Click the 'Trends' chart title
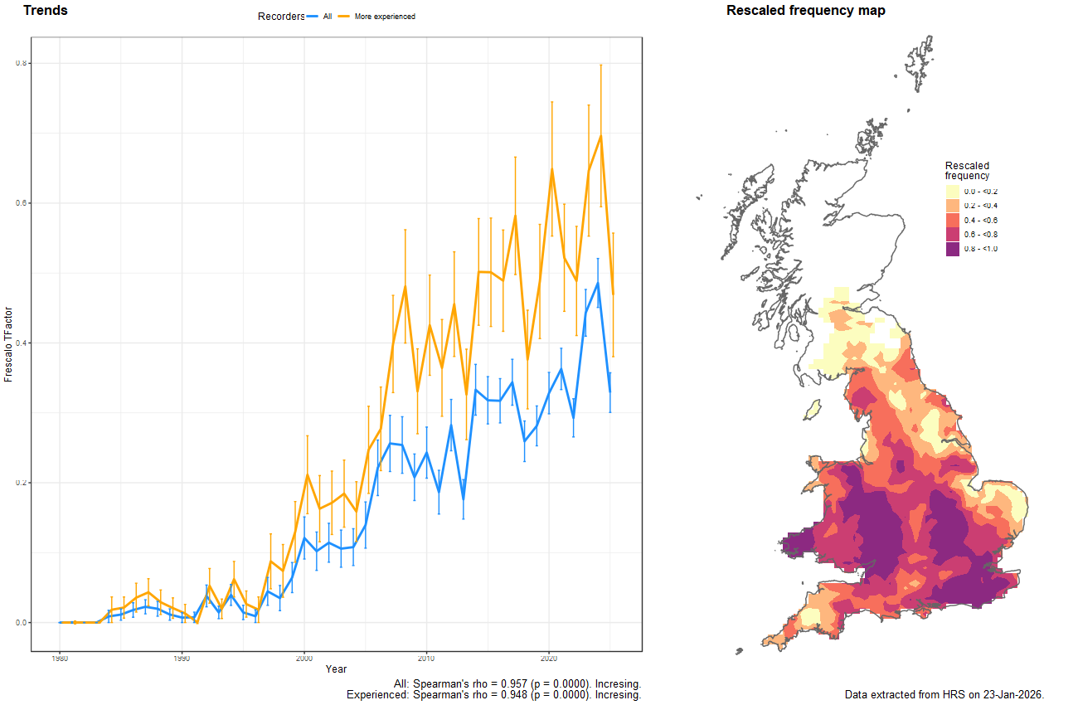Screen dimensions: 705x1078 [x=46, y=11]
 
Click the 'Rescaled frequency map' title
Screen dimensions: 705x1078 [x=805, y=11]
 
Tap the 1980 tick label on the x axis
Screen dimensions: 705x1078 [x=60, y=659]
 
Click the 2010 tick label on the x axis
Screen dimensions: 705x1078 [x=426, y=659]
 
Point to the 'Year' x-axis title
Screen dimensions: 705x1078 [x=336, y=669]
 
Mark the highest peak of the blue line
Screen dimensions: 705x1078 [x=597, y=283]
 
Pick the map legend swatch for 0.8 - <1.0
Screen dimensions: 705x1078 [x=952, y=249]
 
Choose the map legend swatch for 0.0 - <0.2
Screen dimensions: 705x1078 [x=952, y=192]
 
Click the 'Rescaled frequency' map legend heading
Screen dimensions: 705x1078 [x=967, y=171]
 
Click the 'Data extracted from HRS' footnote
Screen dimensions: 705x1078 [x=944, y=694]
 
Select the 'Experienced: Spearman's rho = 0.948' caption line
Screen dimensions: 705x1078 [x=493, y=695]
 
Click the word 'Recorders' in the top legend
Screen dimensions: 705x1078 [x=281, y=17]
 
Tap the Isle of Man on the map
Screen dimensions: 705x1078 [x=813, y=409]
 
